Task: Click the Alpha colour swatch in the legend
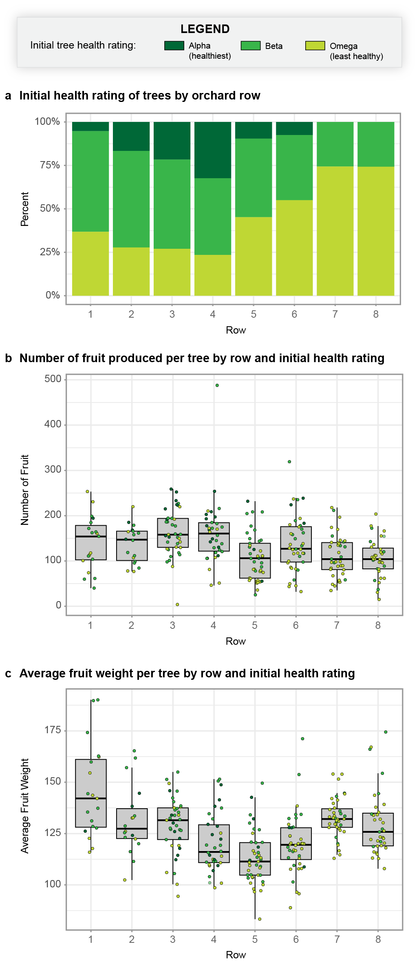click(174, 46)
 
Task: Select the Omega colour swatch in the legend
click(315, 46)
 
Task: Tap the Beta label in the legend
click(273, 46)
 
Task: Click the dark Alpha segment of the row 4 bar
click(213, 150)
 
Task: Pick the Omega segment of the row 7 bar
click(335, 231)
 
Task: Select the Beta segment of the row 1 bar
click(90, 181)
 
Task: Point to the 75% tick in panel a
click(50, 165)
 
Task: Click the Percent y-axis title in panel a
click(25, 209)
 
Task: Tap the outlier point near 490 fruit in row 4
click(217, 385)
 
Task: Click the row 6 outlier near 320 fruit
click(289, 462)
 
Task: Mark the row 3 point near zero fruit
click(177, 604)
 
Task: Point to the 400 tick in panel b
click(53, 425)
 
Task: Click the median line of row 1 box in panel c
click(91, 798)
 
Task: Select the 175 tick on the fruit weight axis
click(53, 730)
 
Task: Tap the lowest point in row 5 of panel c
click(260, 919)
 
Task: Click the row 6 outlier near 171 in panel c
click(302, 739)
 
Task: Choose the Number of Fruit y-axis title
click(25, 490)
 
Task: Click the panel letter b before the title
click(8, 358)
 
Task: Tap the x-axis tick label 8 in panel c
click(378, 940)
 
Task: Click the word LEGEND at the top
click(205, 29)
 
